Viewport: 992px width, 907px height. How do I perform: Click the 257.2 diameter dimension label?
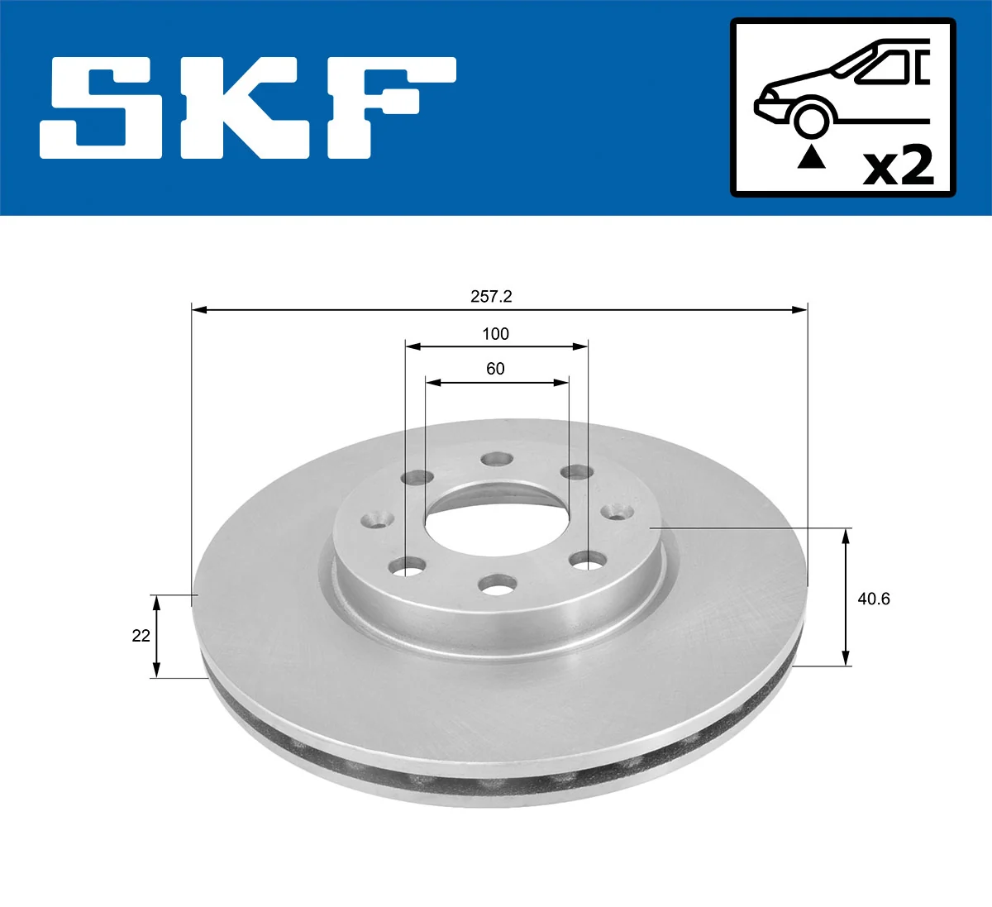491,297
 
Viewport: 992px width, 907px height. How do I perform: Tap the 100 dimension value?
495,334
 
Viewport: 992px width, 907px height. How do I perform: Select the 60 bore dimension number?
495,369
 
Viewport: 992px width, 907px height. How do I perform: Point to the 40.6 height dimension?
873,599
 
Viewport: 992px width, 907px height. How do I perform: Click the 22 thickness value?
141,636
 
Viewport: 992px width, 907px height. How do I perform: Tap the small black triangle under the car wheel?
811,156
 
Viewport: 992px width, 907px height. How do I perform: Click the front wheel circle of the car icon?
811,118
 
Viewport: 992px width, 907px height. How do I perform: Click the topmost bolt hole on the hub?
497,459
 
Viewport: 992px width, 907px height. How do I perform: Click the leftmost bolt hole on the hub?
377,519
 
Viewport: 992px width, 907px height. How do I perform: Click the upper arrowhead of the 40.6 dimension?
845,537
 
